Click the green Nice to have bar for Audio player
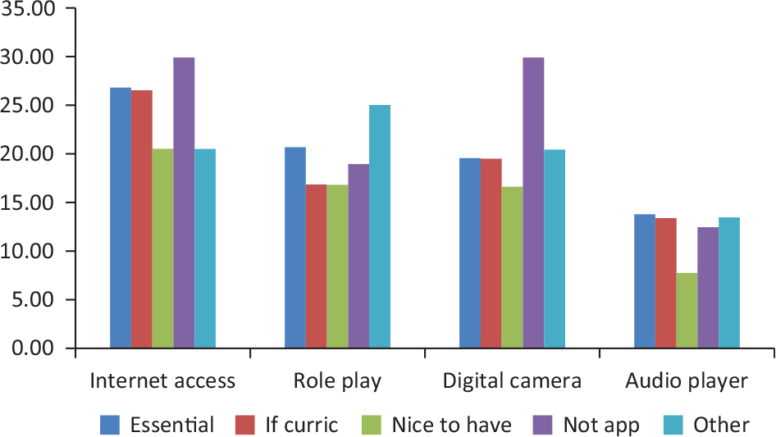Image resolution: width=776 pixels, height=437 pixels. click(687, 311)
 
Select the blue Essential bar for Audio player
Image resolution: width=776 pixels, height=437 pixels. click(644, 281)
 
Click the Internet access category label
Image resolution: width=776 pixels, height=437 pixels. click(162, 381)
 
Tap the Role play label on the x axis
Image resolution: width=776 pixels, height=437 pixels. click(337, 381)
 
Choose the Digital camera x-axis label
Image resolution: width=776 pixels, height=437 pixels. click(512, 381)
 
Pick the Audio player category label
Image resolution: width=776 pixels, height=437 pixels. click(687, 381)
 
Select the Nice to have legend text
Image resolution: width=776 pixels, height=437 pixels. click(452, 425)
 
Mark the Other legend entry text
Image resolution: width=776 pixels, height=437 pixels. click(721, 425)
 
